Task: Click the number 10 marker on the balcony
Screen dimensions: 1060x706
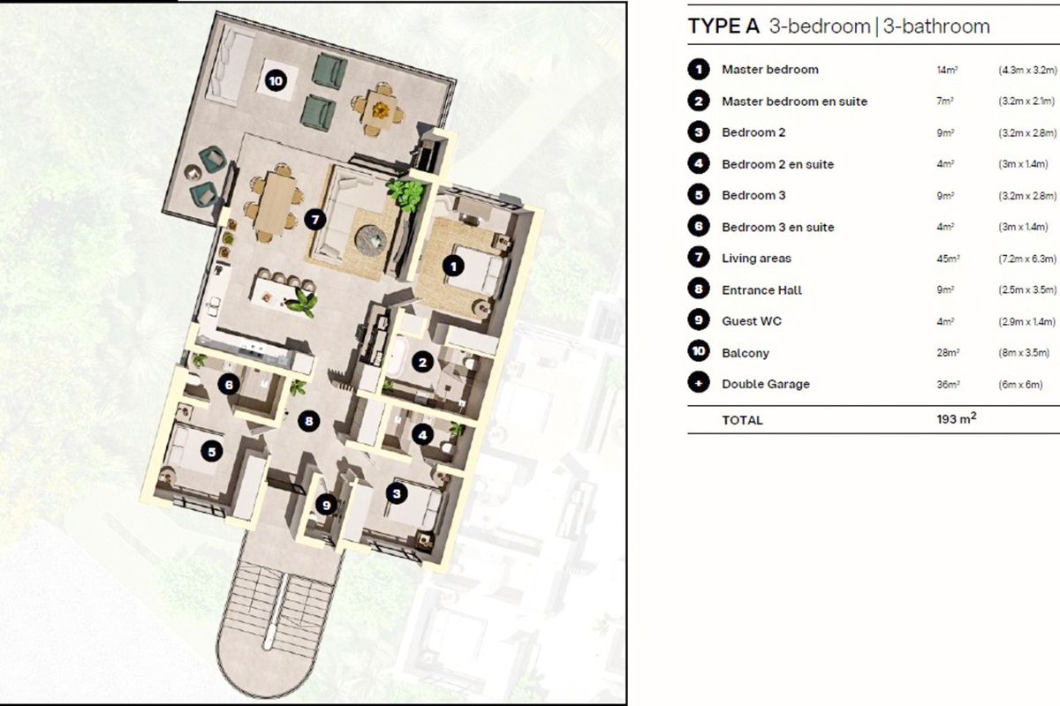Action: click(x=276, y=81)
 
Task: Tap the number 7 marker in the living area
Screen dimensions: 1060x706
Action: click(x=314, y=220)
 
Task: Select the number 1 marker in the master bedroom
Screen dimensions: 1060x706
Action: click(x=453, y=267)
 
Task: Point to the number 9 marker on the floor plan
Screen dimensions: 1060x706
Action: click(x=326, y=505)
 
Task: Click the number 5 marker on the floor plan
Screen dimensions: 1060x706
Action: click(x=211, y=452)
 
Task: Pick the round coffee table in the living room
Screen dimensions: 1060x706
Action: click(x=371, y=237)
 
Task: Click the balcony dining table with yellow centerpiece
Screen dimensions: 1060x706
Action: click(x=379, y=109)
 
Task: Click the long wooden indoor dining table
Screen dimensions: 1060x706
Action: click(x=276, y=203)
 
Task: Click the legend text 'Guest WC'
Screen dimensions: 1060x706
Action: click(x=752, y=321)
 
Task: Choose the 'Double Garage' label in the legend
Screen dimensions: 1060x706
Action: click(x=766, y=384)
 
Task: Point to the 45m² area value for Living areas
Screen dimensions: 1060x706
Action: click(x=948, y=259)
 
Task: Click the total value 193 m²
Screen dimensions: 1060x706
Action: click(x=956, y=419)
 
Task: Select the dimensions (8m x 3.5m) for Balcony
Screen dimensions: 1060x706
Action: click(x=1024, y=353)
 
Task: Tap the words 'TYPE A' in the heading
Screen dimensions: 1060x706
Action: click(x=724, y=26)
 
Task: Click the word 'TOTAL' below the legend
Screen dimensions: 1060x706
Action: click(x=742, y=420)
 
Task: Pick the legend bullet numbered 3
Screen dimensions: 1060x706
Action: click(x=699, y=132)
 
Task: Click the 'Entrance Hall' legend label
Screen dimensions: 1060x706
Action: click(x=761, y=289)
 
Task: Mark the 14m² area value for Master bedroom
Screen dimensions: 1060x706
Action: click(x=947, y=70)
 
